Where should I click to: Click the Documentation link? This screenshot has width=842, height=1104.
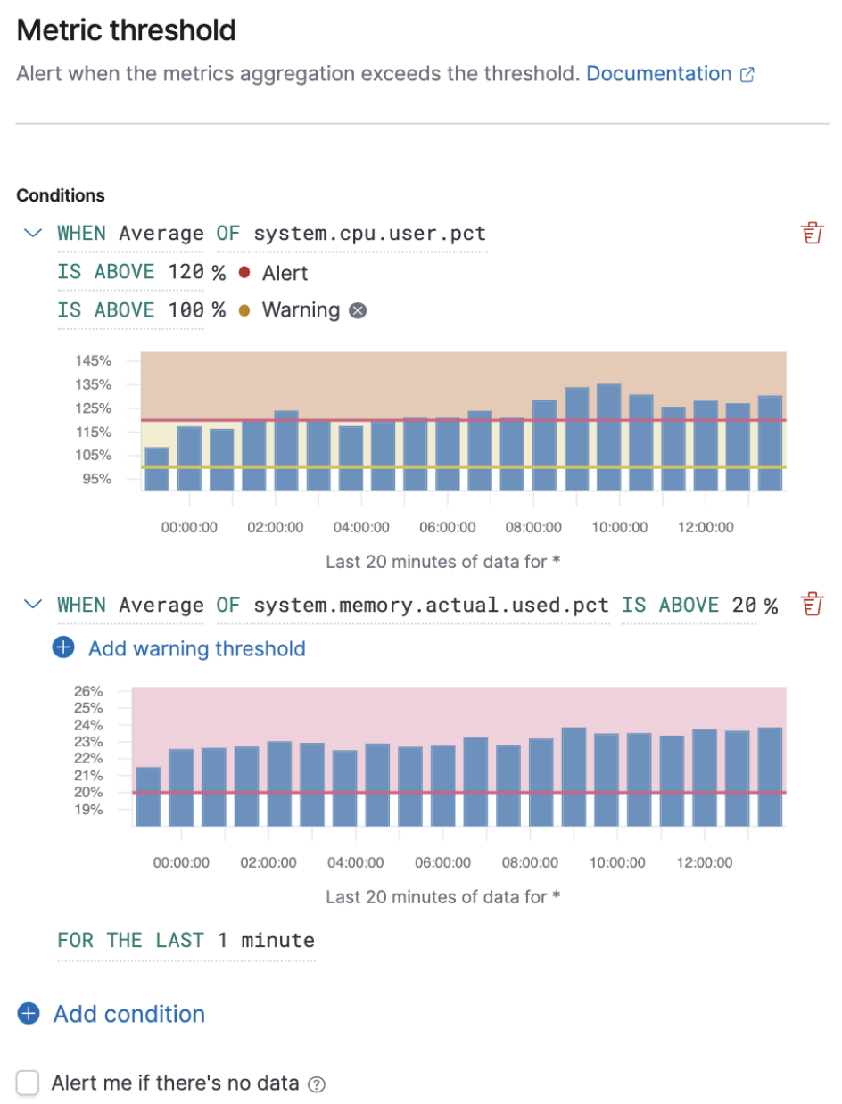658,74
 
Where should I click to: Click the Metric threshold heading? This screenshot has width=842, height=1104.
126,30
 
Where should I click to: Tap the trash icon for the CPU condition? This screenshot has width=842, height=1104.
811,234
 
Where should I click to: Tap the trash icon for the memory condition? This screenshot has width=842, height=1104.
811,605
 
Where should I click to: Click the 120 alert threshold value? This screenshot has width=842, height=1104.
186,272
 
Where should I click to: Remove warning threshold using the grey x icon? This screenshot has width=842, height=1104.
358,310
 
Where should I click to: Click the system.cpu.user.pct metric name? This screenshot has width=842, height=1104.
369,234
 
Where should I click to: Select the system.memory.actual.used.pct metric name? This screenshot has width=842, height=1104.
431,606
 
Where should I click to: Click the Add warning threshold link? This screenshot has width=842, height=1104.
196,648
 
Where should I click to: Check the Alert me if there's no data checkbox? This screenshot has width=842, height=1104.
29,1083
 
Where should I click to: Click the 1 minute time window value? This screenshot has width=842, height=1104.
265,940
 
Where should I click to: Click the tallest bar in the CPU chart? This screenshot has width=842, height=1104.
609,437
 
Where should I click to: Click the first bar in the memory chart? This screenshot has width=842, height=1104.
148,795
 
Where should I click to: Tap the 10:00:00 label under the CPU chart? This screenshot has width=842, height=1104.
619,527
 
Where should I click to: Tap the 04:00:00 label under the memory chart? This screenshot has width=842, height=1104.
355,862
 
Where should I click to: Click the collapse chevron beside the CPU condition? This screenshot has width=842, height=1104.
33,234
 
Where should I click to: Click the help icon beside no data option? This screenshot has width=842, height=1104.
316,1084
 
